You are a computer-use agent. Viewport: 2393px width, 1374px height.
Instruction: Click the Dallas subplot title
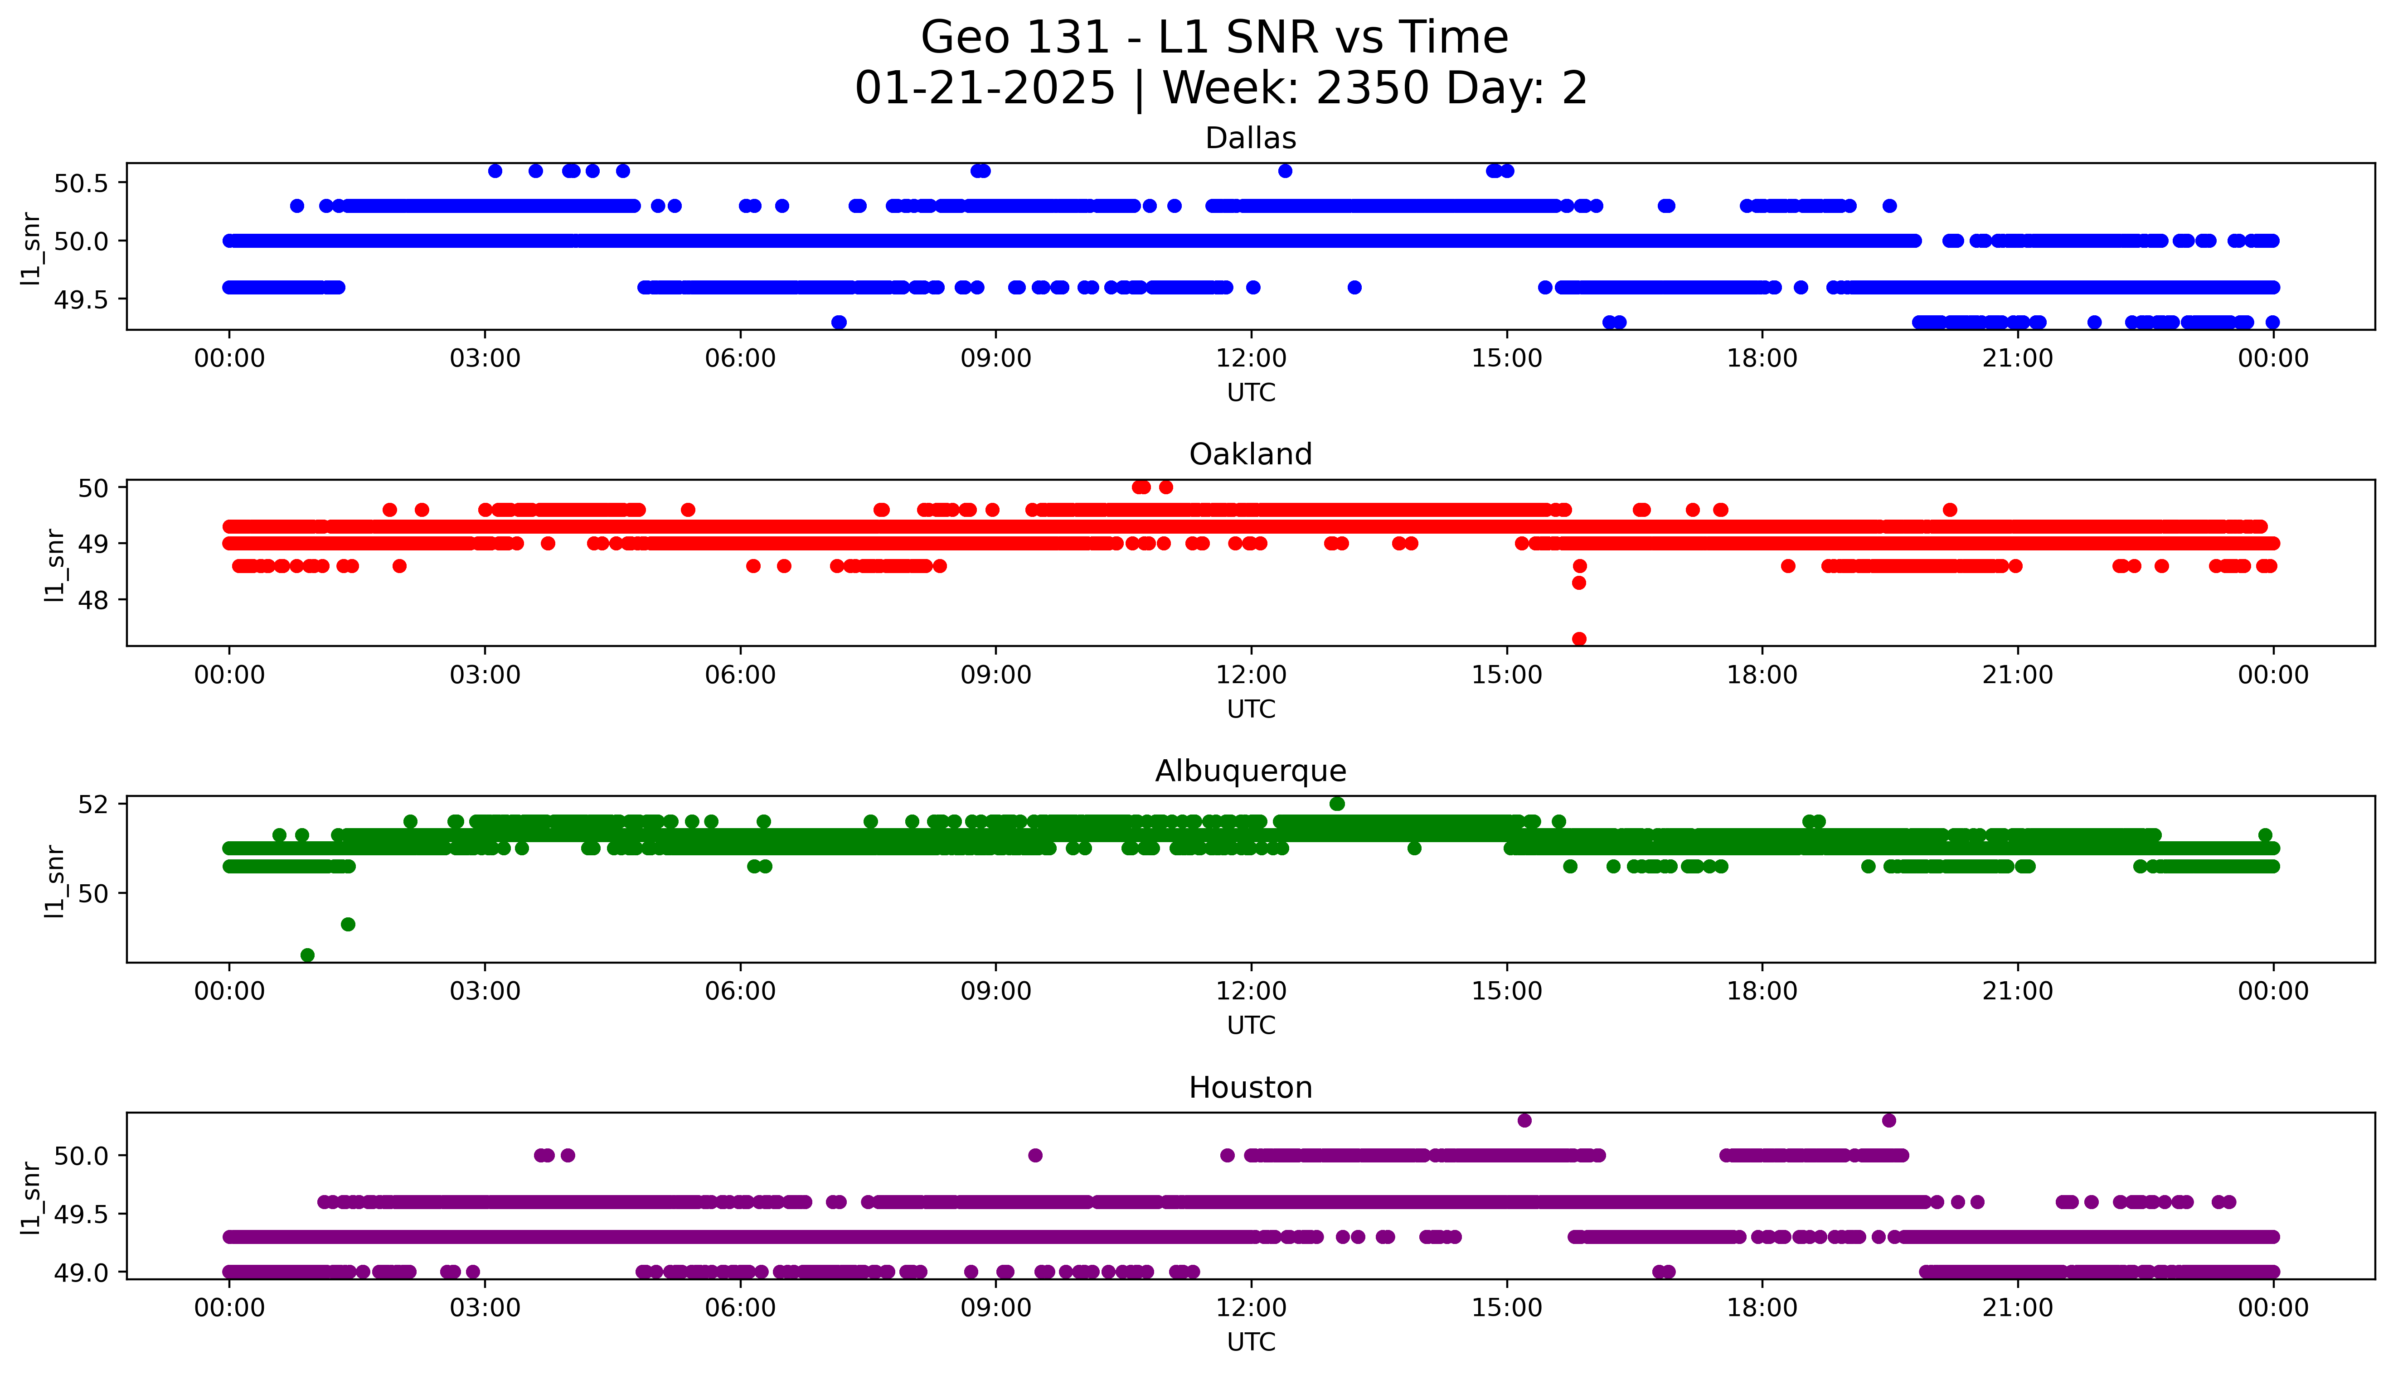1251,139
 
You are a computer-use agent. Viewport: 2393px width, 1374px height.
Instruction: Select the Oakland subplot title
1251,455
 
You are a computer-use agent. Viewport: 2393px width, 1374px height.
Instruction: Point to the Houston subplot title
1251,1088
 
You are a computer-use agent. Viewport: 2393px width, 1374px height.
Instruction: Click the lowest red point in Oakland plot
1579,639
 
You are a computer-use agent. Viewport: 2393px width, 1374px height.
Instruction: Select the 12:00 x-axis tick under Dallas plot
1251,359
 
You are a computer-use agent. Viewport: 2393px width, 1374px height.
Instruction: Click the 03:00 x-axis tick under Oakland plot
485,675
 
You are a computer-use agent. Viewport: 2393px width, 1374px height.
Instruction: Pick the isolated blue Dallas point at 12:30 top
1285,171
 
